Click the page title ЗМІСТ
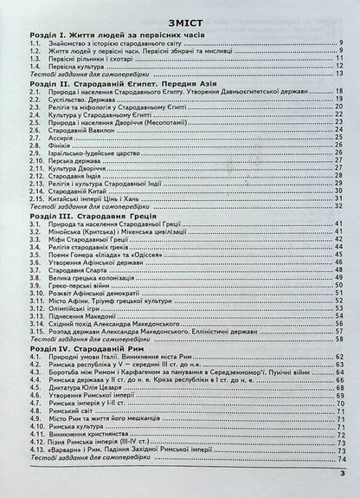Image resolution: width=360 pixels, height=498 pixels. (180, 13)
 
